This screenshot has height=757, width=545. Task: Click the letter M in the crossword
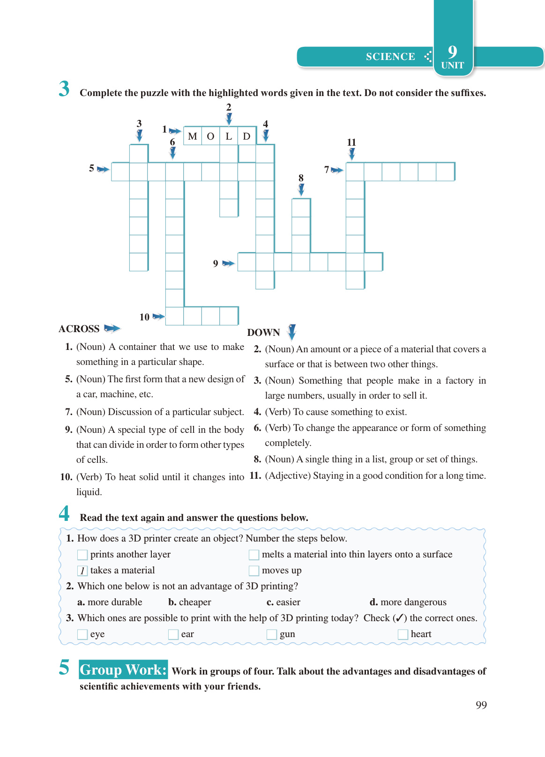point(192,136)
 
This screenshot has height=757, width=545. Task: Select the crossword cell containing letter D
point(246,136)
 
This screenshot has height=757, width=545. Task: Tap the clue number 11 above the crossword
point(351,142)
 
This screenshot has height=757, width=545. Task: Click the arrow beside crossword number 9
point(228,263)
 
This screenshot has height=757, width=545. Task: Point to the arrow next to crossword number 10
point(159,317)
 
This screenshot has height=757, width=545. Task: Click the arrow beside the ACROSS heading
point(112,328)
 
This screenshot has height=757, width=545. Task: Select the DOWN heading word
point(263,333)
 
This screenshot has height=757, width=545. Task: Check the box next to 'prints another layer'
point(82,555)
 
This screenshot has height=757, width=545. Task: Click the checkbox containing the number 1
point(82,571)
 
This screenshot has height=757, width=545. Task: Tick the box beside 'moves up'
point(254,571)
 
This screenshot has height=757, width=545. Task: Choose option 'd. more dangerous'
point(408,602)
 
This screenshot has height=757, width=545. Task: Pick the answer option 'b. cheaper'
point(190,602)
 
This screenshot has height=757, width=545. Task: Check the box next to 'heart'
point(403,634)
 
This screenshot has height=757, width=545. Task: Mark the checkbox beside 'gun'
point(271,634)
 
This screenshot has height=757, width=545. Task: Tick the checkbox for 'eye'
point(82,634)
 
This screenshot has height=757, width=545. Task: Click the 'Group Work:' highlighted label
point(123,669)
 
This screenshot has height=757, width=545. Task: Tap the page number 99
point(481,705)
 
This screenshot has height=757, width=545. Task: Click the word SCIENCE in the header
point(390,57)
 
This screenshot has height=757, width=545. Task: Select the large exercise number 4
point(64,513)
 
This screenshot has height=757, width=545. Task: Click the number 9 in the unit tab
point(452,51)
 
